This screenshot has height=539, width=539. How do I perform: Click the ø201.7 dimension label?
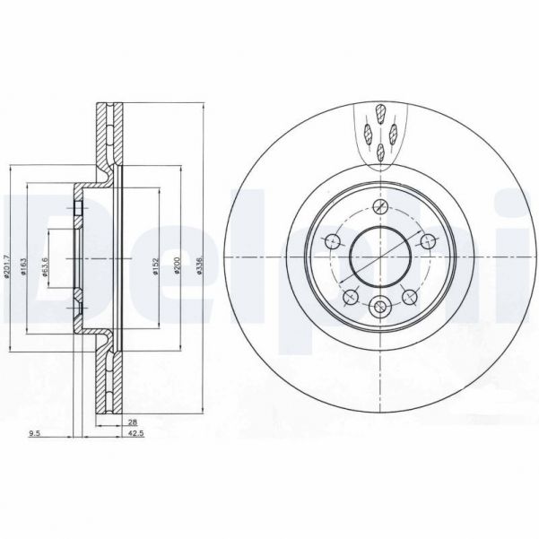pos(7,267)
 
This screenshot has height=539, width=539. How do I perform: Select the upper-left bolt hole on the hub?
pos(332,239)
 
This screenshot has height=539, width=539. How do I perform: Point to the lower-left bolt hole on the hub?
pos(351,297)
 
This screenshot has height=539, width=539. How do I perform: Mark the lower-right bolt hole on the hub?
pos(412,297)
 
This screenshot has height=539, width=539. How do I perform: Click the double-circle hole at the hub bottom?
pos(381,308)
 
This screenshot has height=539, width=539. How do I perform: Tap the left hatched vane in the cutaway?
pos(369,134)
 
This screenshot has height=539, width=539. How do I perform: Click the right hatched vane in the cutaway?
pos(393,134)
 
